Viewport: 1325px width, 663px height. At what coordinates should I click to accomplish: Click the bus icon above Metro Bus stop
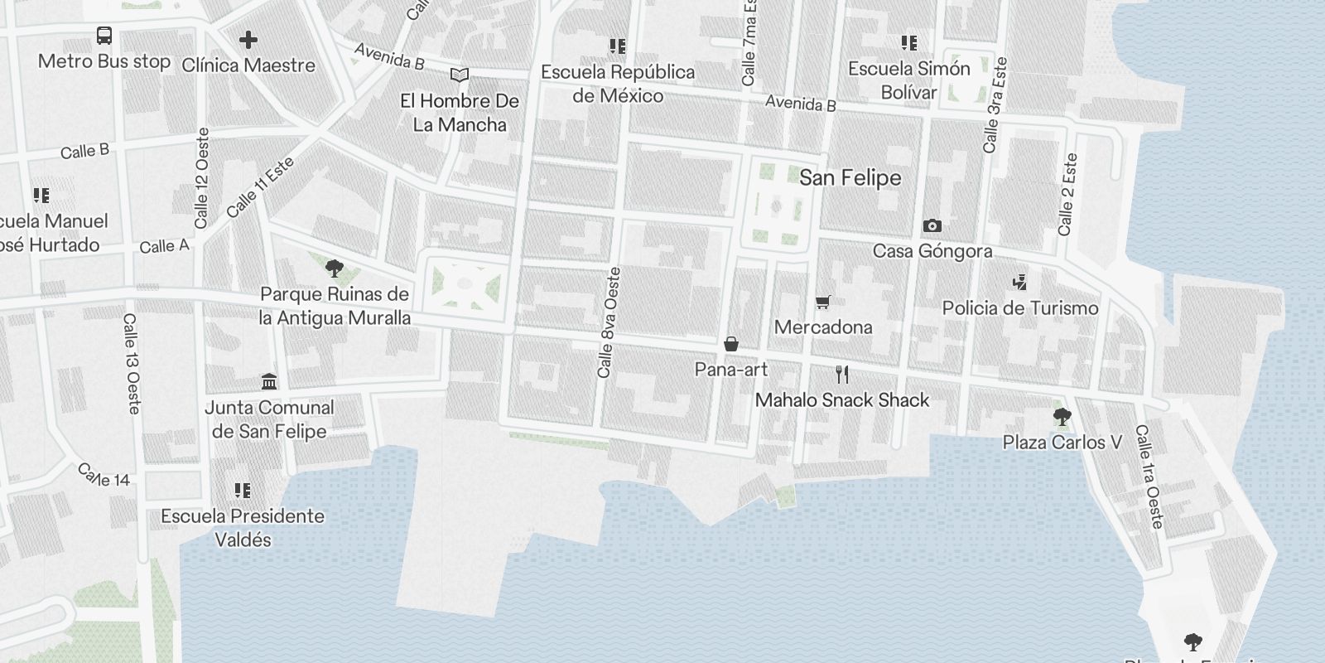click(104, 36)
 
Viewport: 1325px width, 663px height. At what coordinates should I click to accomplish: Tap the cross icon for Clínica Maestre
click(248, 40)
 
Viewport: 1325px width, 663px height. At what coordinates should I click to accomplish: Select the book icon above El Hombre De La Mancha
click(460, 75)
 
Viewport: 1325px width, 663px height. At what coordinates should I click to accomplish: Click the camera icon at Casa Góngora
click(932, 226)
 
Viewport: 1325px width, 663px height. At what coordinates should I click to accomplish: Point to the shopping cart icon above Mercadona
click(822, 302)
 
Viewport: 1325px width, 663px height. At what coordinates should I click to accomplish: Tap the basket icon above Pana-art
click(731, 344)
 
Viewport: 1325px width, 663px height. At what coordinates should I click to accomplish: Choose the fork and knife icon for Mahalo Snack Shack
click(842, 375)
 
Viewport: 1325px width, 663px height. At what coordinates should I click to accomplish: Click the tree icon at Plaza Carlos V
click(1062, 417)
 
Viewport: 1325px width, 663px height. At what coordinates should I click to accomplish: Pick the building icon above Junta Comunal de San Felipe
click(269, 382)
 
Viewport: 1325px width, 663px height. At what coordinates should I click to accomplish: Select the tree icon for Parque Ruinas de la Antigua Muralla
click(335, 269)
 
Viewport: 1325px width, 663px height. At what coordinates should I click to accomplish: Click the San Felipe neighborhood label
click(850, 178)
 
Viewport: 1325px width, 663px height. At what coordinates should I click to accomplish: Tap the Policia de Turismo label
click(1020, 308)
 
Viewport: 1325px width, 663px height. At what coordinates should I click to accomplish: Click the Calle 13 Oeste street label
click(132, 363)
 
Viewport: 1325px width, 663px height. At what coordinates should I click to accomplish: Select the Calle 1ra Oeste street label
click(1149, 477)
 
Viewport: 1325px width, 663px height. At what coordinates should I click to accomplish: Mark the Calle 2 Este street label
click(1067, 194)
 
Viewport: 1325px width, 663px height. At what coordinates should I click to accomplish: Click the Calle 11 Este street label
click(260, 188)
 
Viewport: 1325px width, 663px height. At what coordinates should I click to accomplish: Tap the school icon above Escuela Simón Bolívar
click(909, 43)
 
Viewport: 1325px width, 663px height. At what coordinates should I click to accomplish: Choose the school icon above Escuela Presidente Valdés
click(243, 491)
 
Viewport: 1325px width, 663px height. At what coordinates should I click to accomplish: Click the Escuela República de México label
click(618, 84)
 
